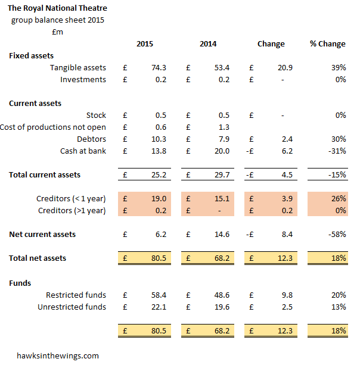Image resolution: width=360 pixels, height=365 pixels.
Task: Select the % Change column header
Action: point(327,43)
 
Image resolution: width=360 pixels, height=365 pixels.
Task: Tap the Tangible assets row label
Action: point(77,68)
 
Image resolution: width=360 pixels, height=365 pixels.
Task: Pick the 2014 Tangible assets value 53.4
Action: point(221,68)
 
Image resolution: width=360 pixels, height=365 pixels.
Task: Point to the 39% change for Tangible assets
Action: point(339,68)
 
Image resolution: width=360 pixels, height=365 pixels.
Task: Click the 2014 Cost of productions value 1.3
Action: point(223,127)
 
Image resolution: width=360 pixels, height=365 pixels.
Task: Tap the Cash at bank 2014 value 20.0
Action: point(221,151)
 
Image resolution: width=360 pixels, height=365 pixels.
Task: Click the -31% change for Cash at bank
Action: point(337,151)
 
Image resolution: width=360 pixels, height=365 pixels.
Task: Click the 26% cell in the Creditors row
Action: point(339,198)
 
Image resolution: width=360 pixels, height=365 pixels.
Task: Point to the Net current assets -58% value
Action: point(337,234)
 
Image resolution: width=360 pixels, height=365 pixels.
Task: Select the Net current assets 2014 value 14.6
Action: point(221,234)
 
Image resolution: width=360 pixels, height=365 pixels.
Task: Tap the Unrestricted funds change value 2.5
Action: point(286,307)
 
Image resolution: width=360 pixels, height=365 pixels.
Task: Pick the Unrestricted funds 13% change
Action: point(339,307)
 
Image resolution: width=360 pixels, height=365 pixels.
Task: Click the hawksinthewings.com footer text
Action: point(58,355)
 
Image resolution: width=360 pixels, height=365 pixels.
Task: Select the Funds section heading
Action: point(20,283)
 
